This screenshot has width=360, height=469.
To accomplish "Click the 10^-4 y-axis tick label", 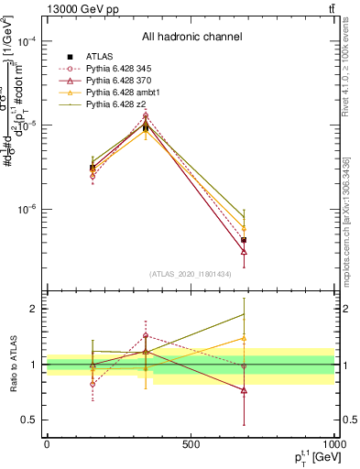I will click(27, 42).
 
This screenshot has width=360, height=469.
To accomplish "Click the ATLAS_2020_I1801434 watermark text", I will click(191, 274).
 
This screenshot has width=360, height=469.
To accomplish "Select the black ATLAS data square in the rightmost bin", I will click(244, 240).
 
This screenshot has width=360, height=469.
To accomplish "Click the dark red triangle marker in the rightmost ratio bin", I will click(244, 390).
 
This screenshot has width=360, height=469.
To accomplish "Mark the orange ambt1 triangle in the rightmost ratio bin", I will click(244, 338).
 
